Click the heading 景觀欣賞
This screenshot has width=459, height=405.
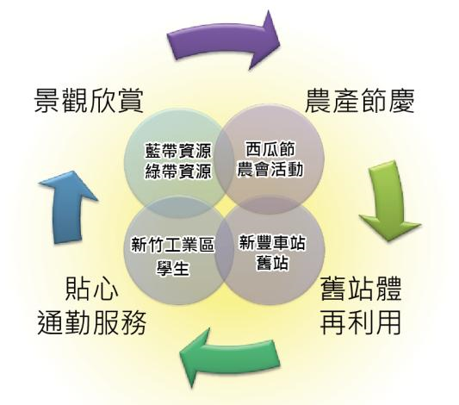click(x=89, y=101)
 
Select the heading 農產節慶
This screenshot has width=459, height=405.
click(x=360, y=101)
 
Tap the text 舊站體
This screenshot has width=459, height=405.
click(x=361, y=290)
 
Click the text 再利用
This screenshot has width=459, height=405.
click(x=360, y=323)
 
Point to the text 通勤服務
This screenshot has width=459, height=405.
click(x=92, y=323)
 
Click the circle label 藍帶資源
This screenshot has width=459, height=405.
click(x=178, y=151)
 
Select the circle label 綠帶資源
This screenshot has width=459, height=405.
click(x=178, y=171)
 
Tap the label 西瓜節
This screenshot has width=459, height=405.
click(x=270, y=149)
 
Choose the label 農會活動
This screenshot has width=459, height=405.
click(x=270, y=169)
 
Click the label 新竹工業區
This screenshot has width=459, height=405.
click(x=173, y=245)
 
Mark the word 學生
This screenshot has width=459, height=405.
click(x=173, y=267)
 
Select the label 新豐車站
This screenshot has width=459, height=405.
click(x=272, y=242)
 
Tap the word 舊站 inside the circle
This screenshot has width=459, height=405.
click(x=272, y=262)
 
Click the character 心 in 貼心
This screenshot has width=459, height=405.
click(x=106, y=290)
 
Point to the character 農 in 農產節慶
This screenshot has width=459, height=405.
click(x=318, y=101)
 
